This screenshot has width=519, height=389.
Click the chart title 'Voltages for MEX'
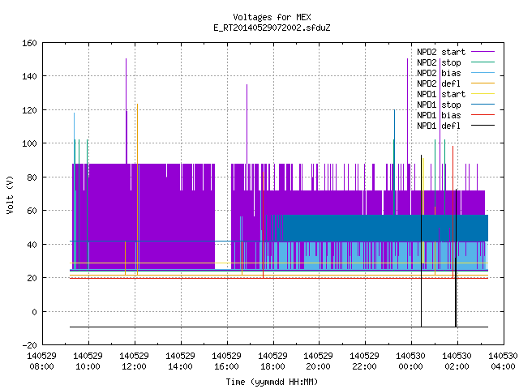[x=272, y=17]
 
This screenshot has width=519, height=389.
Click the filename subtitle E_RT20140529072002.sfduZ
[x=272, y=28]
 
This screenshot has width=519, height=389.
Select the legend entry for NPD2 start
[x=456, y=52]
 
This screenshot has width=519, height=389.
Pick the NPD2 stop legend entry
[x=456, y=62]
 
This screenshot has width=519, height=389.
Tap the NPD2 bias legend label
[x=439, y=73]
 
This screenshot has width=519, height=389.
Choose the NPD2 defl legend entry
[x=456, y=83]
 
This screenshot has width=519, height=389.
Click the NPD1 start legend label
[x=441, y=94]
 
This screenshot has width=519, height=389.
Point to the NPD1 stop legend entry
[x=456, y=105]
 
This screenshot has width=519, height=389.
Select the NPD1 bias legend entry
[x=456, y=115]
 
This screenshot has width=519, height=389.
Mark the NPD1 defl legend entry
[x=456, y=126]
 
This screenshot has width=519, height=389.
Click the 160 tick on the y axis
[x=29, y=43]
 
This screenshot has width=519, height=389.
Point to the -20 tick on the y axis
[x=29, y=345]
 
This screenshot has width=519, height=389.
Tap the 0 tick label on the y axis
[x=34, y=311]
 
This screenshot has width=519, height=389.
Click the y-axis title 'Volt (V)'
[x=10, y=194]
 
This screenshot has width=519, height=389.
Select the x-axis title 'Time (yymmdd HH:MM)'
[x=272, y=382]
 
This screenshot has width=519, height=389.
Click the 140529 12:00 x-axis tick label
[x=134, y=361]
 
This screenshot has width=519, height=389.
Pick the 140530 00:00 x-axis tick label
[x=411, y=361]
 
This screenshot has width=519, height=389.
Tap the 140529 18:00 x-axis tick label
[x=272, y=361]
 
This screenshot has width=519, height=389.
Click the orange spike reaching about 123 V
[x=137, y=189]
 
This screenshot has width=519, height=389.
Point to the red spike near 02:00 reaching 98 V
[x=453, y=212]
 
